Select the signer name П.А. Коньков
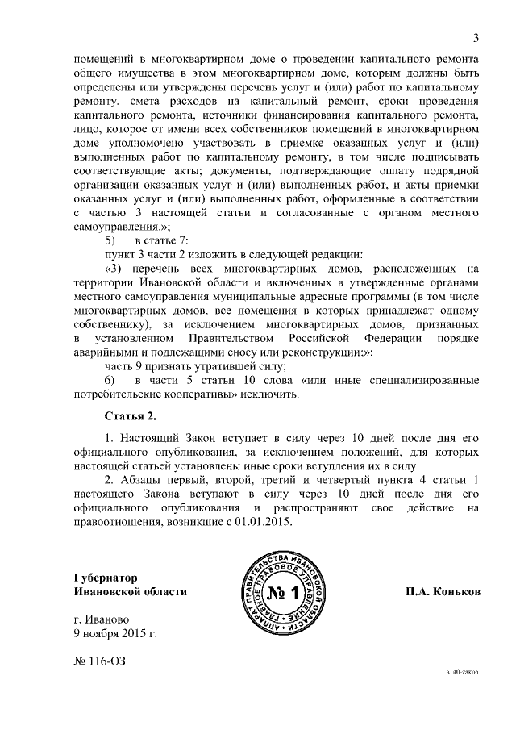click(443, 591)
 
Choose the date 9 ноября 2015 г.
click(114, 633)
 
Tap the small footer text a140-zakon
click(464, 670)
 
